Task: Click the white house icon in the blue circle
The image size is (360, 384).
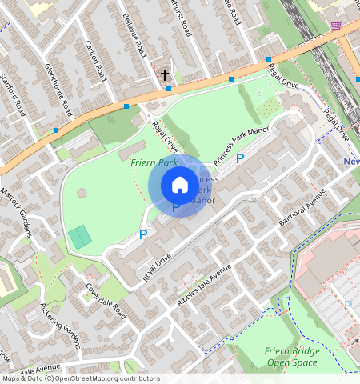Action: point(180,185)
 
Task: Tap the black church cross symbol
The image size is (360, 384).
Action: point(165,75)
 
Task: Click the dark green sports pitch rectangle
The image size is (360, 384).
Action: point(79,237)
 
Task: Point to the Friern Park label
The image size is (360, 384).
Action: point(154,162)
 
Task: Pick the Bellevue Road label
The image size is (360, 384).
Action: point(133,36)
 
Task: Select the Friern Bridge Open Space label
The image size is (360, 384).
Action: point(292,357)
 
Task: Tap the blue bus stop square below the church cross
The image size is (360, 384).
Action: point(168,89)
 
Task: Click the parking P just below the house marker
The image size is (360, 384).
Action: point(176,207)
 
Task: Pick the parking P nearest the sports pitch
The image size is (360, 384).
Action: point(143,234)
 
